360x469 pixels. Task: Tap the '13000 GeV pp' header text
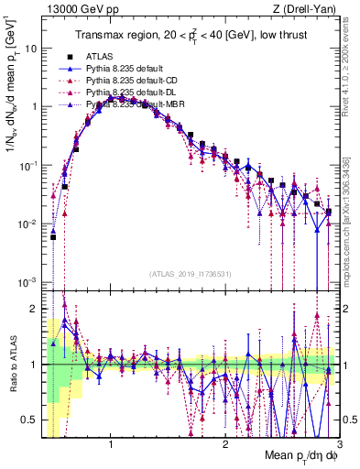point(83,9)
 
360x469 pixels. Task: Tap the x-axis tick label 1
point(111,442)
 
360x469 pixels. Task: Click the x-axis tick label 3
point(339,442)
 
